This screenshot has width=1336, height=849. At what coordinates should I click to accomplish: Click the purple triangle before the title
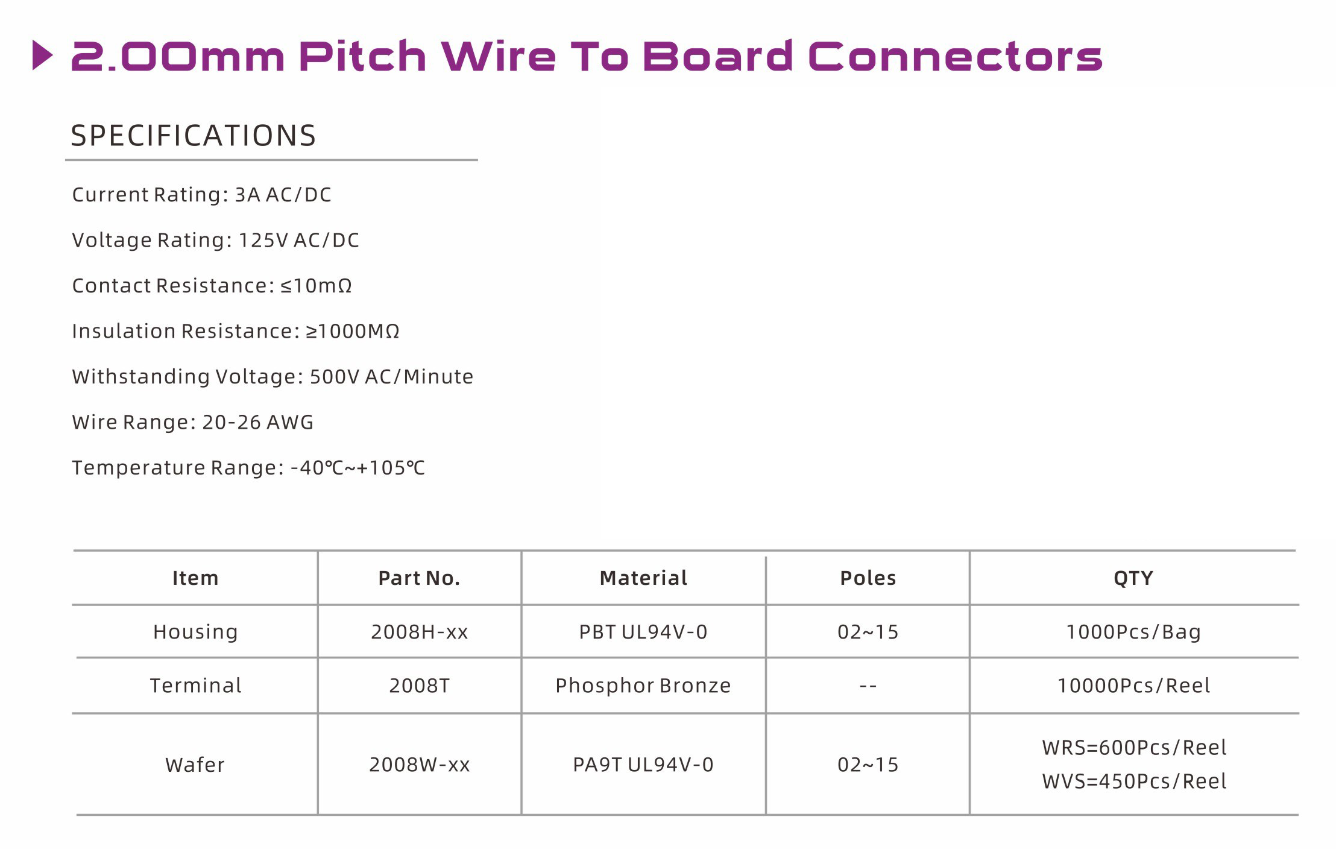tap(42, 55)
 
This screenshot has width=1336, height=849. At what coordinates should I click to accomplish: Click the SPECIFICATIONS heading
tap(194, 135)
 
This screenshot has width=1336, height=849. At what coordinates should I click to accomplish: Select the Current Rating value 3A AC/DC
tap(283, 195)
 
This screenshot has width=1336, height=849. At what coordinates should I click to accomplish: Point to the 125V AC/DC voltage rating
tap(299, 240)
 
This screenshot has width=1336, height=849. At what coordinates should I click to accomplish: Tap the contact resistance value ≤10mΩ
tap(317, 285)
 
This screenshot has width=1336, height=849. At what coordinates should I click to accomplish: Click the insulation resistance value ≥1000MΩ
tap(353, 331)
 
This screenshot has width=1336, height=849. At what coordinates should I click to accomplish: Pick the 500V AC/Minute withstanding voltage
tap(391, 376)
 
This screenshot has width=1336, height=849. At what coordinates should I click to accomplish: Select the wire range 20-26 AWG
tap(257, 422)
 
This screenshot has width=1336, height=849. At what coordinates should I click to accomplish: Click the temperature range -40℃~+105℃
tap(358, 468)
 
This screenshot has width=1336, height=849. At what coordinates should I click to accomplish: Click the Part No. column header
tap(419, 578)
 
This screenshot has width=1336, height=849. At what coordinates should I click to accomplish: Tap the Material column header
tap(643, 578)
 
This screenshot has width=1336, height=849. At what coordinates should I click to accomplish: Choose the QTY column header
tap(1133, 578)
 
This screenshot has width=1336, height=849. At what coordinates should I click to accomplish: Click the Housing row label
tap(195, 632)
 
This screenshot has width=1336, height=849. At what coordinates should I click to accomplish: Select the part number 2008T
tap(419, 686)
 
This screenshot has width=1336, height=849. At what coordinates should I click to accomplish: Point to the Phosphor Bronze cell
tap(643, 686)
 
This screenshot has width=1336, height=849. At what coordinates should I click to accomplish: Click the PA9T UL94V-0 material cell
tap(643, 765)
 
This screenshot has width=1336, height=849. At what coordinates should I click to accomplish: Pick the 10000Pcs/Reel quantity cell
tap(1133, 686)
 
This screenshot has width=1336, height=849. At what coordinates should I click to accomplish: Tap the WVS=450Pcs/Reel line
tap(1134, 781)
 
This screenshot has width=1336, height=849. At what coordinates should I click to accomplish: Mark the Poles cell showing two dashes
tap(868, 686)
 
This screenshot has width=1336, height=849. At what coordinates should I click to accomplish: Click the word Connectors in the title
tap(955, 56)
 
